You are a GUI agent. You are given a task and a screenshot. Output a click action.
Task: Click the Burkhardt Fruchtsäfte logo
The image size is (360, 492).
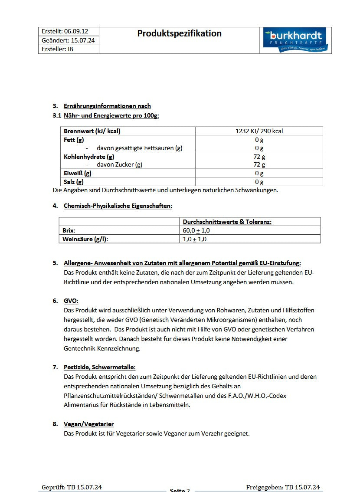pyautogui.click(x=296, y=40)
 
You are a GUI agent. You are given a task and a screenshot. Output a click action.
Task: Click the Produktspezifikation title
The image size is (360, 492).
pyautogui.click(x=179, y=33)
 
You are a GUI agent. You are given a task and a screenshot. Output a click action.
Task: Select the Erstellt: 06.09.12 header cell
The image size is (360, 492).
pyautogui.click(x=65, y=32)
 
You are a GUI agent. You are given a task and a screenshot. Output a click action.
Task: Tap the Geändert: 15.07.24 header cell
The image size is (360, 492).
pyautogui.click(x=68, y=40)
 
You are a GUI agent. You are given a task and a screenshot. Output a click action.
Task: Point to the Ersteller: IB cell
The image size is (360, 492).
pyautogui.click(x=58, y=49)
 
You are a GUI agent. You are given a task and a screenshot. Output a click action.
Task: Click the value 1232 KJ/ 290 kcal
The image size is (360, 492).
pyautogui.click(x=259, y=131)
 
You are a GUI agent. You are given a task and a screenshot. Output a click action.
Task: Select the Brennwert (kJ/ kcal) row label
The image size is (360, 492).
pyautogui.click(x=92, y=131)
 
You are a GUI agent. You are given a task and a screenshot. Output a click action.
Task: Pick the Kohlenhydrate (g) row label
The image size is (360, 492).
pyautogui.click(x=89, y=157)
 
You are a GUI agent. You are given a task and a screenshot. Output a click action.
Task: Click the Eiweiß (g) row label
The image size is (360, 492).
pyautogui.click(x=78, y=173)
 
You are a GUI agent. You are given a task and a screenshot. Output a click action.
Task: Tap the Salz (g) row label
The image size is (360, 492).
pyautogui.click(x=73, y=182)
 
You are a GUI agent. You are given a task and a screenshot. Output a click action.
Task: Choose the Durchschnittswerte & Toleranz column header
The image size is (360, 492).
pyautogui.click(x=227, y=222)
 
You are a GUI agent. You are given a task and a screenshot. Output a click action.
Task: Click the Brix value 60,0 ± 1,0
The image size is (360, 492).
pyautogui.click(x=196, y=230)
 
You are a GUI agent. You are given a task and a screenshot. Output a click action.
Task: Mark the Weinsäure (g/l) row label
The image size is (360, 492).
pyautogui.click(x=85, y=239)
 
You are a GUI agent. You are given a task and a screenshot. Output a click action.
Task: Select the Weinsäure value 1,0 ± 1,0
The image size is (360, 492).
pyautogui.click(x=194, y=239)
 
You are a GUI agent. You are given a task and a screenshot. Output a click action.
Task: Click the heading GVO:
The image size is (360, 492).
pyautogui.click(x=71, y=301)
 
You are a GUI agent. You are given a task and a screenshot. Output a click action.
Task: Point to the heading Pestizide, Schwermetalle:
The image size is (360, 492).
pyautogui.click(x=100, y=367)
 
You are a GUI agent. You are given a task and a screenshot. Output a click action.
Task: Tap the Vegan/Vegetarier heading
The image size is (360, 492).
pyautogui.click(x=88, y=424)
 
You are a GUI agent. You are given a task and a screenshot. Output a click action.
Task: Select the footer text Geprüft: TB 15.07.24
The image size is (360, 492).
pyautogui.click(x=72, y=487)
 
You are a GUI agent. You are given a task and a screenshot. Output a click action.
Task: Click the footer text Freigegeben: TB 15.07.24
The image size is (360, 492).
pyautogui.click(x=283, y=487)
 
